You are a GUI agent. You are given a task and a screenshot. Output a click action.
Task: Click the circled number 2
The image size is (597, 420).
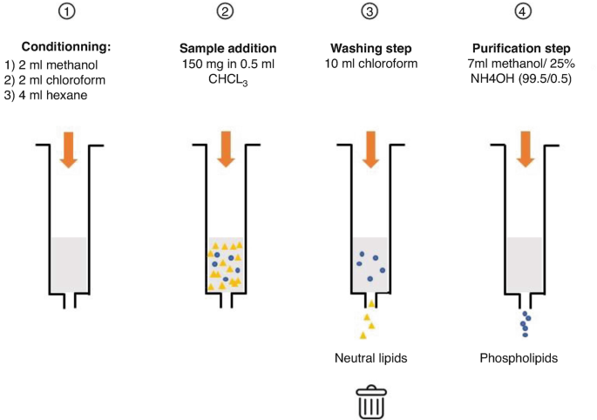point(225,12)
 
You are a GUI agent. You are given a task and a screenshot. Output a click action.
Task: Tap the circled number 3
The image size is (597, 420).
point(371,12)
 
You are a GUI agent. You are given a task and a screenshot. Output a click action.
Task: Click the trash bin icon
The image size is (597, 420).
point(371,402)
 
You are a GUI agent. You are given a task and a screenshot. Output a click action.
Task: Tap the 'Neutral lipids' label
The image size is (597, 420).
point(371,358)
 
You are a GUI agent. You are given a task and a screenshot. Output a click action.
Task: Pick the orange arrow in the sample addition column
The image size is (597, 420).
point(225,150)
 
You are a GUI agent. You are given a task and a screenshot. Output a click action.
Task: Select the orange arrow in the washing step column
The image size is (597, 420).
point(371,150)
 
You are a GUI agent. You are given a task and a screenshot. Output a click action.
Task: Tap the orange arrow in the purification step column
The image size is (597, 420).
point(525,150)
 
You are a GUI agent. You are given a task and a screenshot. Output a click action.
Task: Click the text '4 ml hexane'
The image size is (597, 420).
point(54,95)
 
